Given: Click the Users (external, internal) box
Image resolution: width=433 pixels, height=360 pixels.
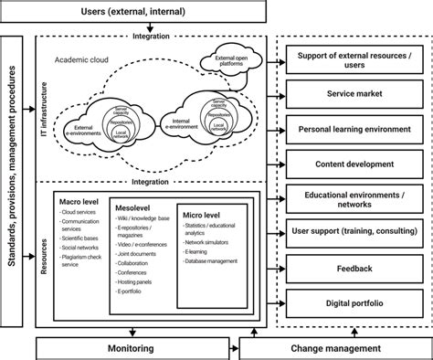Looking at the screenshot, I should pos(133,12).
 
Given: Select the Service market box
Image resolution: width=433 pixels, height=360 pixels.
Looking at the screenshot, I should pos(354,93).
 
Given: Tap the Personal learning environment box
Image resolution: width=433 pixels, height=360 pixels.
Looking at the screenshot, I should pos(354,129).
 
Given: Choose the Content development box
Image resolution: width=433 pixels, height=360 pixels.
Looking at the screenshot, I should pos(354,164).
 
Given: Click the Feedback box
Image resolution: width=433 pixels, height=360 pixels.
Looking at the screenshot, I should pos(354,269).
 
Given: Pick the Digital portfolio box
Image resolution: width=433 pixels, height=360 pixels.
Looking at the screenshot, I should pos(354,302).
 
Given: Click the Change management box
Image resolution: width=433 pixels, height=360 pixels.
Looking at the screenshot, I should pos(336,348).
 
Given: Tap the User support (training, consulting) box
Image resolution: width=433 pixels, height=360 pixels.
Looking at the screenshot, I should pos(354,233).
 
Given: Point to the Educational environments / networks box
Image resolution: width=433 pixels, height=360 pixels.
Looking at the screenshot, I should pos(354,198).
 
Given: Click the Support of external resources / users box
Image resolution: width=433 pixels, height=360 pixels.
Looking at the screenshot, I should pos(354,61).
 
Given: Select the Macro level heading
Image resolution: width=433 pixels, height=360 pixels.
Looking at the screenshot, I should pos(80,200).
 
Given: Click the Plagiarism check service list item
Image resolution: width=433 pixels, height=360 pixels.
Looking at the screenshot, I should pos(82,264).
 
